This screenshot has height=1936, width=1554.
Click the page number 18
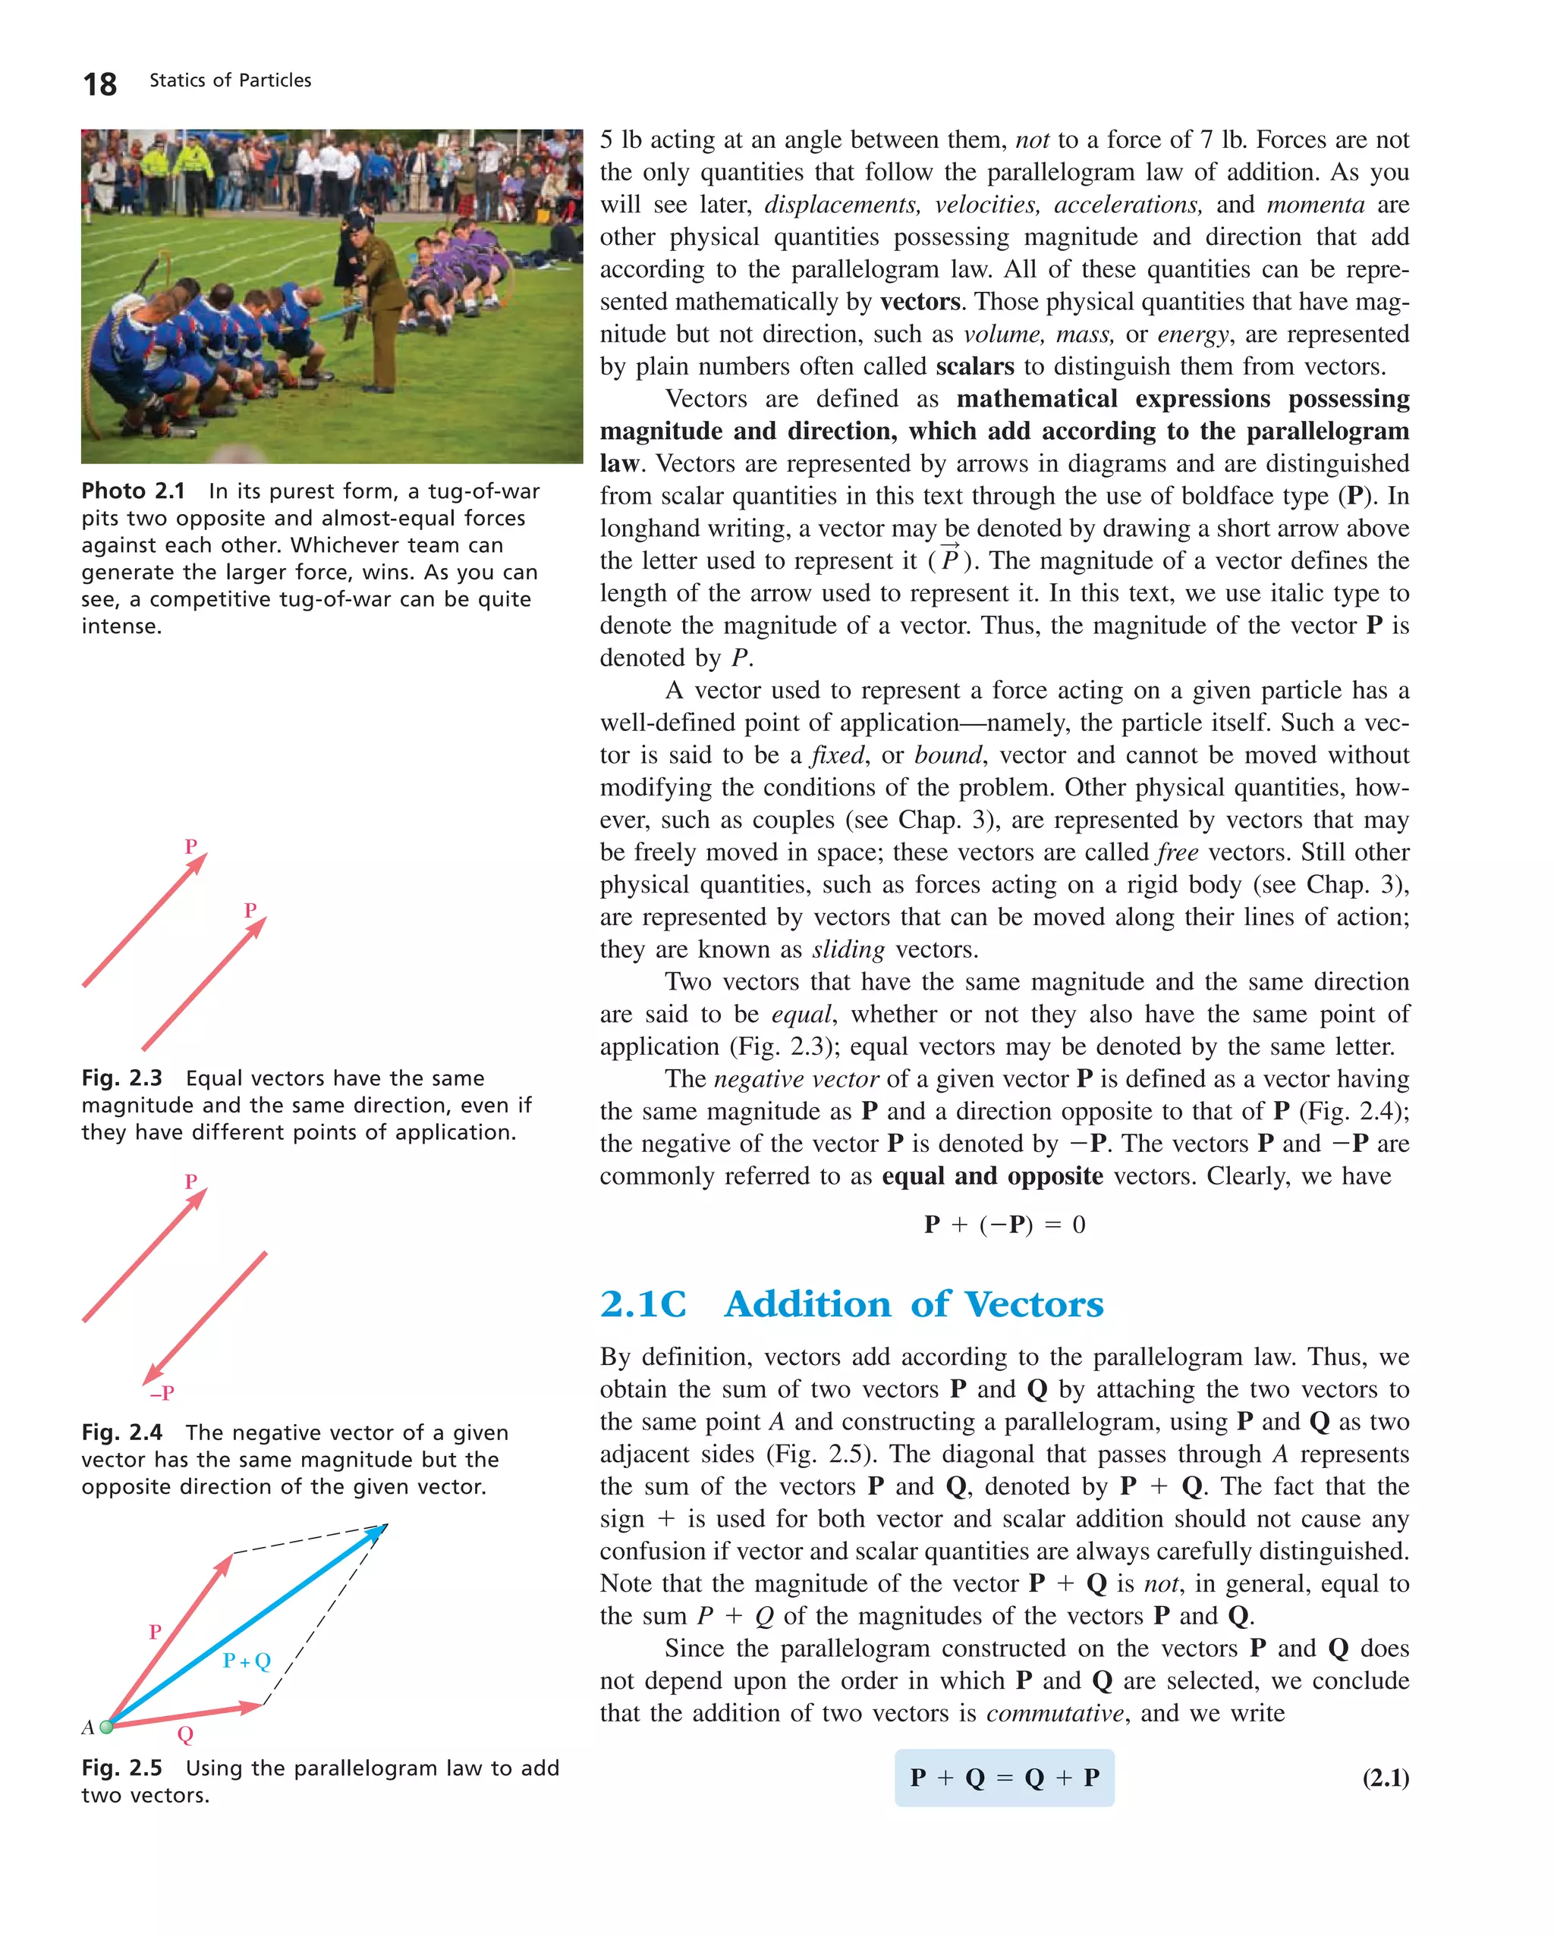[x=99, y=84]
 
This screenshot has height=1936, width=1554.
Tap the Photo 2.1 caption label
[x=133, y=491]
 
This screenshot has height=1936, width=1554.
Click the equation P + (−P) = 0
[x=1005, y=1225]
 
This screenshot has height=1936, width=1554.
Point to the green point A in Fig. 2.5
[x=107, y=1726]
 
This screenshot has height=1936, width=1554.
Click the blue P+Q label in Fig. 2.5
[x=246, y=1660]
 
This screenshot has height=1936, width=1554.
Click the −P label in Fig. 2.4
[x=162, y=1393]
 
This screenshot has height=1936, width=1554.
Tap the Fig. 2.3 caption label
[x=122, y=1078]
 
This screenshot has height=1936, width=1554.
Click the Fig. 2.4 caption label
[x=122, y=1432]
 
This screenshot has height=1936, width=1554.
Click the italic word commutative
[x=1055, y=1713]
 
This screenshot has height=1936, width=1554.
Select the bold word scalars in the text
[x=974, y=366]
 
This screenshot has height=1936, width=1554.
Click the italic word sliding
[x=848, y=949]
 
